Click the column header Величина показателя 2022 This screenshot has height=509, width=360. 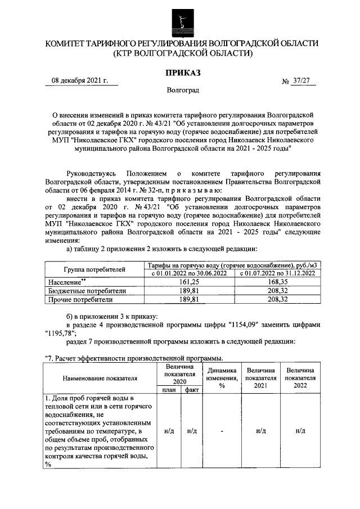pos(300,378)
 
